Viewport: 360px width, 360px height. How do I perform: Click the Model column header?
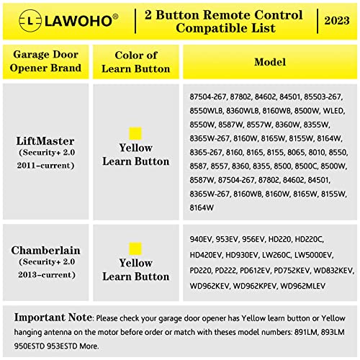tap(270, 63)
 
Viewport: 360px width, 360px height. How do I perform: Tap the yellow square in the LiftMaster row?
tap(135, 134)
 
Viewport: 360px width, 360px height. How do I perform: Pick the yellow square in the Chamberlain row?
tap(135, 248)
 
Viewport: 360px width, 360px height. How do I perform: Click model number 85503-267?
tap(333, 96)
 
